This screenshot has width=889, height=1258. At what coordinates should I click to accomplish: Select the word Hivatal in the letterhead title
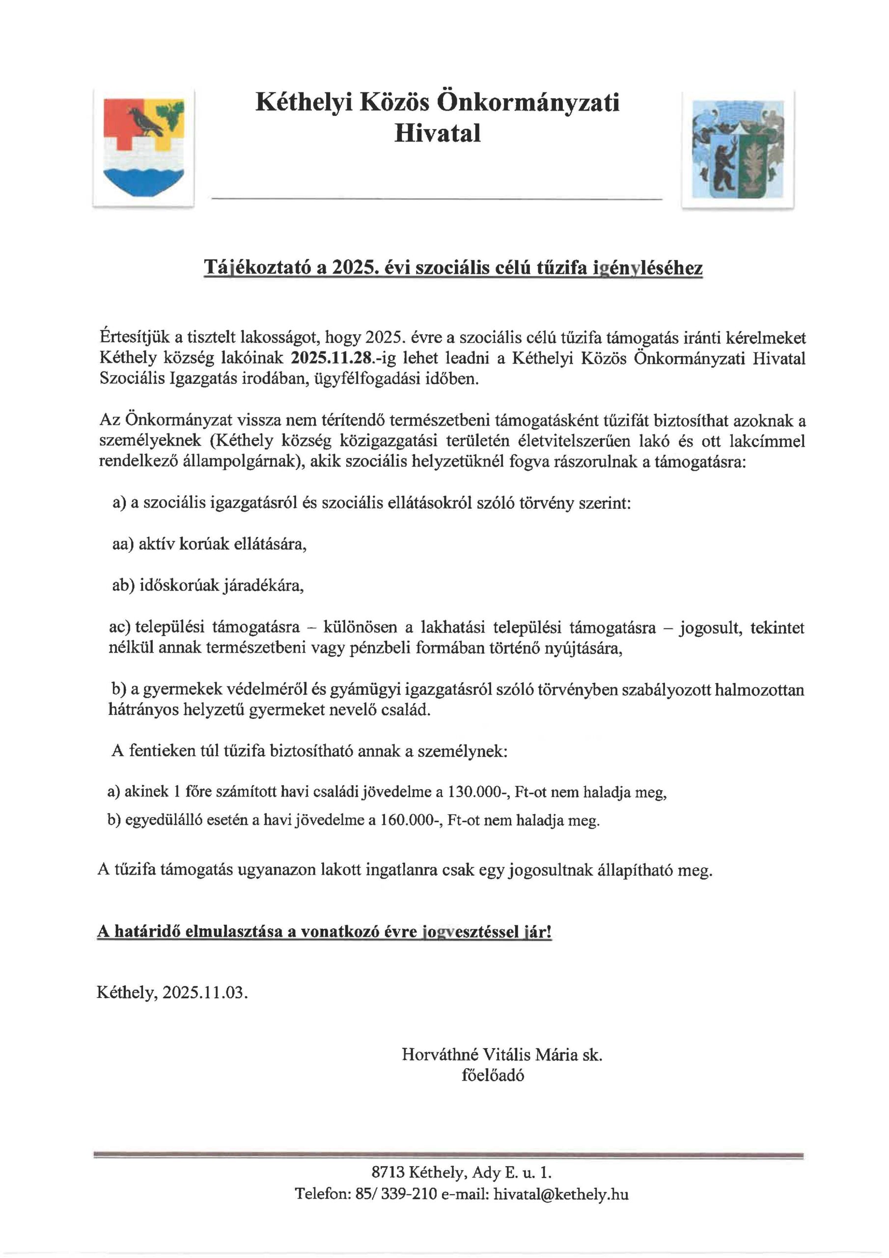(437, 133)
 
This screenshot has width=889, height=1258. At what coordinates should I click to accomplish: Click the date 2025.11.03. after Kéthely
(205, 992)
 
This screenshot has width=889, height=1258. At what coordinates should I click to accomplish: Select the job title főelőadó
(493, 1075)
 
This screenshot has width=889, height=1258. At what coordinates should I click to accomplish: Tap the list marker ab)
(123, 586)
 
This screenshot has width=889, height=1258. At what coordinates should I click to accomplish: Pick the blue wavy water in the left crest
(143, 179)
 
